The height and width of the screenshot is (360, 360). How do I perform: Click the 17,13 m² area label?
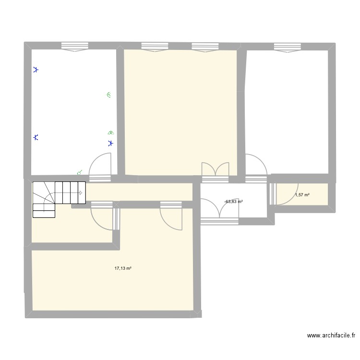coord(123,268)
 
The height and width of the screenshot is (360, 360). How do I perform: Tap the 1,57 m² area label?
coord(302,195)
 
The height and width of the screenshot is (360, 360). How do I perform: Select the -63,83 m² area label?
coord(233,202)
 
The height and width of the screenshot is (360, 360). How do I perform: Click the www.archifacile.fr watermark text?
coord(331,336)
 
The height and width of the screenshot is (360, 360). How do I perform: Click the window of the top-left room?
coord(75,47)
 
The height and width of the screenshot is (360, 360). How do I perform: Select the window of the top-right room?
coord(288,48)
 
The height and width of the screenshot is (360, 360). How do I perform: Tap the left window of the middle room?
coord(155,47)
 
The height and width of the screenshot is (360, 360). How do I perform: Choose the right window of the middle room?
coord(205,48)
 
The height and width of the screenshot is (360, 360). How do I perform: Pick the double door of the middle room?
coord(215,172)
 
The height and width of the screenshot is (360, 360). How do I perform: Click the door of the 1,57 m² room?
coord(285,194)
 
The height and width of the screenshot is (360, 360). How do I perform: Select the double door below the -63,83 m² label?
coord(220,211)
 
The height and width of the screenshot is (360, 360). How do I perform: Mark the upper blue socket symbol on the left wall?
coord(36,70)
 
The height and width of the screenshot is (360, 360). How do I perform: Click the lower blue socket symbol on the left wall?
coord(36,137)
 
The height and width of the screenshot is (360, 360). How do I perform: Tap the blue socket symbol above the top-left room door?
coord(110,143)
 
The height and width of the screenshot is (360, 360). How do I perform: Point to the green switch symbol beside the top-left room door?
coord(80,173)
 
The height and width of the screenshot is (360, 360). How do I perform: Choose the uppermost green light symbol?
coord(109,95)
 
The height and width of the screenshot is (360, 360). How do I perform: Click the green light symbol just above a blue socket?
coord(111,132)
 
